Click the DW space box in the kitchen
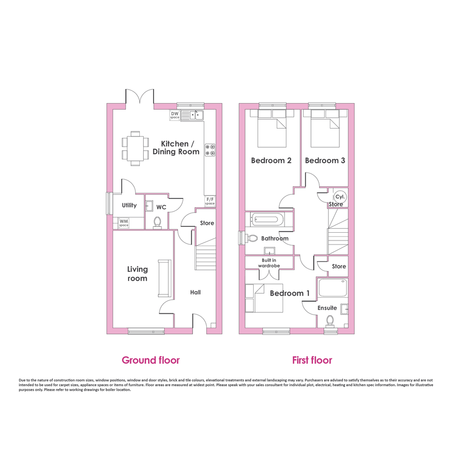(175, 115)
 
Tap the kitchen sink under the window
(192, 115)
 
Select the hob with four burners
(210, 150)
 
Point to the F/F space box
(210, 201)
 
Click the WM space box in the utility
(124, 222)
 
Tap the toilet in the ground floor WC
(157, 223)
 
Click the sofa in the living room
(164, 278)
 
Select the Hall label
(196, 292)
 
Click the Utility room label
(130, 205)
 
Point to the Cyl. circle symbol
(340, 197)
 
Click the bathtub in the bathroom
(268, 219)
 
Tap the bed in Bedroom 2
(272, 128)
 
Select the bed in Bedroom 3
(325, 128)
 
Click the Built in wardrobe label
(269, 263)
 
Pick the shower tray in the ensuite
(332, 288)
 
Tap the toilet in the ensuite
(330, 321)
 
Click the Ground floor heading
(151, 360)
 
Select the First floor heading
(312, 360)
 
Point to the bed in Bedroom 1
(264, 298)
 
